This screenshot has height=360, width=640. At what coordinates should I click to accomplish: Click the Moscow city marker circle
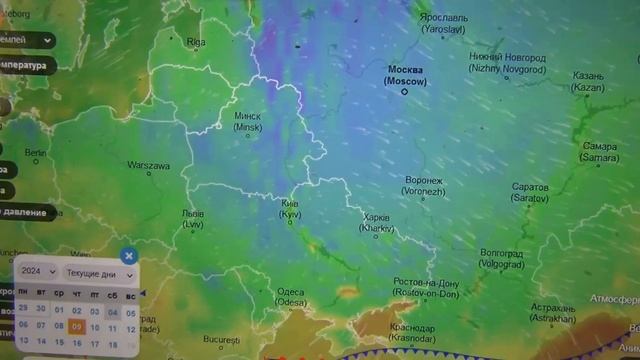[405, 91]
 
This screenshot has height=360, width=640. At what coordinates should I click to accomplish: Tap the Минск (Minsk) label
[247, 121]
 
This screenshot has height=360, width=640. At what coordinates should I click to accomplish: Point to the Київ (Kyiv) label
[289, 208]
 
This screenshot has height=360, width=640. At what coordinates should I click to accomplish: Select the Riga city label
[195, 42]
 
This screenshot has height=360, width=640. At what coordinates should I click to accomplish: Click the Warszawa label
[148, 165]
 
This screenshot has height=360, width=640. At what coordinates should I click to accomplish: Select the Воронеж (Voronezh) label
[422, 185]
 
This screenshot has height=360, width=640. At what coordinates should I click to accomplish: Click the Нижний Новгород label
[507, 63]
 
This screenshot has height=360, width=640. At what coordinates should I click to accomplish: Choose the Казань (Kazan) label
[588, 81]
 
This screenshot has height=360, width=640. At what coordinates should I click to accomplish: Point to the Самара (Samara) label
[600, 152]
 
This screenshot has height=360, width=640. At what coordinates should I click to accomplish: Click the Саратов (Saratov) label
[530, 192]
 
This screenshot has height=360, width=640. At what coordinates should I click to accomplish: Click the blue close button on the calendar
[129, 256]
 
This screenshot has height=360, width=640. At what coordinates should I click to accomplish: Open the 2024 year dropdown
[38, 272]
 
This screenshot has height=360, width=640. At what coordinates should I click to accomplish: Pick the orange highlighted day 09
[77, 325]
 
